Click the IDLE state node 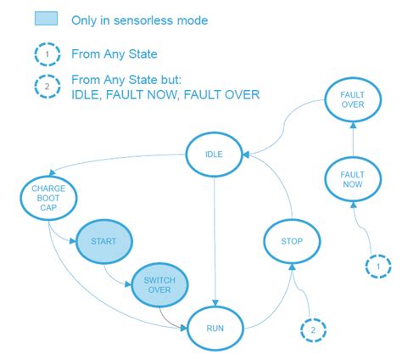[215, 155]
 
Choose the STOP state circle [291, 241]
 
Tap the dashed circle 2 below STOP [312, 329]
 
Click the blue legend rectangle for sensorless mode [47, 20]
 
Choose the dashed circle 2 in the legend [47, 87]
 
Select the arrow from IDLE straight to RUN [217, 246]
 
